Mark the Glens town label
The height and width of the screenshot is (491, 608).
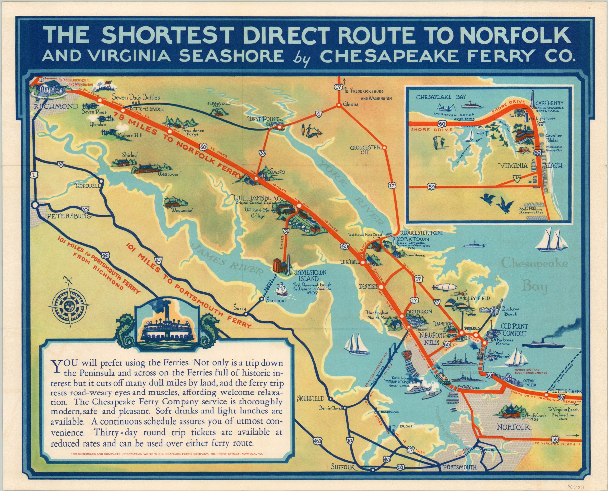coord(351,104)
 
